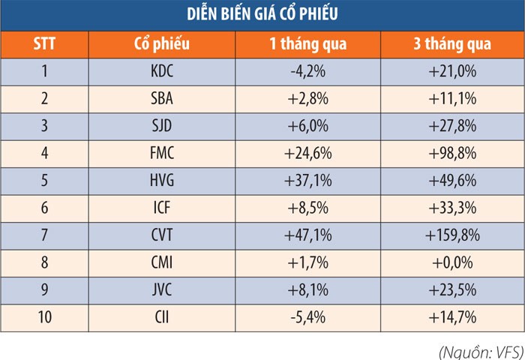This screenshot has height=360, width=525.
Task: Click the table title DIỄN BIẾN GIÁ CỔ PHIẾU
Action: [262, 13]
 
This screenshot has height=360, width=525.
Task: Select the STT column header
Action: [44, 43]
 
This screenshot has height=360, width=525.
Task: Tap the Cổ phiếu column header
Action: [161, 43]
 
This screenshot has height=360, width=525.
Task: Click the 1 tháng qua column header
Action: [307, 43]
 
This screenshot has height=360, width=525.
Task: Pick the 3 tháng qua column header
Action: [452, 43]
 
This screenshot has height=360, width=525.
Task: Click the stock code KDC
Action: [161, 73]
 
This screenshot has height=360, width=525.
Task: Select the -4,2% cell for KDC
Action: [307, 73]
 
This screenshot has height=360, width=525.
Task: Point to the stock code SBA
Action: [161, 100]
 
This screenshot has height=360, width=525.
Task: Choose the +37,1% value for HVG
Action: [307, 181]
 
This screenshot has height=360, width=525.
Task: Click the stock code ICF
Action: [161, 208]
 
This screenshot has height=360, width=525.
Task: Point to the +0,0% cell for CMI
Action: [452, 263]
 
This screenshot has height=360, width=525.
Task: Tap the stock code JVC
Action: [161, 290]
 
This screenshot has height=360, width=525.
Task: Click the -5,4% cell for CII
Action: [307, 317]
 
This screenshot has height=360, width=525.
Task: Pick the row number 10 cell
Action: [44, 317]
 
